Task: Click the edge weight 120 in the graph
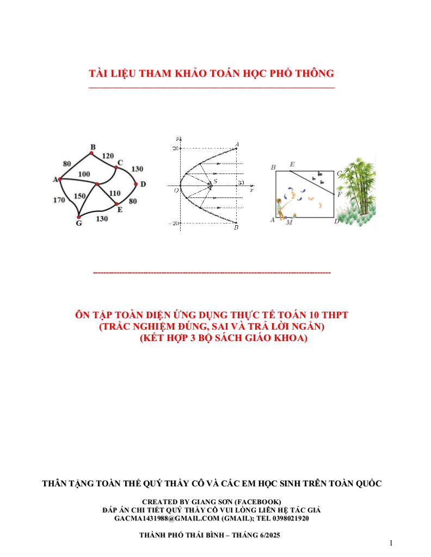click(x=108, y=156)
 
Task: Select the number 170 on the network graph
click(x=59, y=200)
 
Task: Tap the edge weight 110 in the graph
click(x=114, y=193)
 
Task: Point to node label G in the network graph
click(x=79, y=224)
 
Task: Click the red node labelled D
click(x=136, y=184)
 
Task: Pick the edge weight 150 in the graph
click(x=79, y=196)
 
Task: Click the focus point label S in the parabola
click(x=215, y=181)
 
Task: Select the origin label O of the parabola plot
click(x=176, y=190)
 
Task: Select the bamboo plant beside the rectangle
click(x=356, y=190)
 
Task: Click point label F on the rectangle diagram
click(x=340, y=194)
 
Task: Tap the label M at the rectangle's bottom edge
click(x=288, y=222)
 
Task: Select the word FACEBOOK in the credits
click(x=258, y=501)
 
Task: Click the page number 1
click(x=391, y=543)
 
